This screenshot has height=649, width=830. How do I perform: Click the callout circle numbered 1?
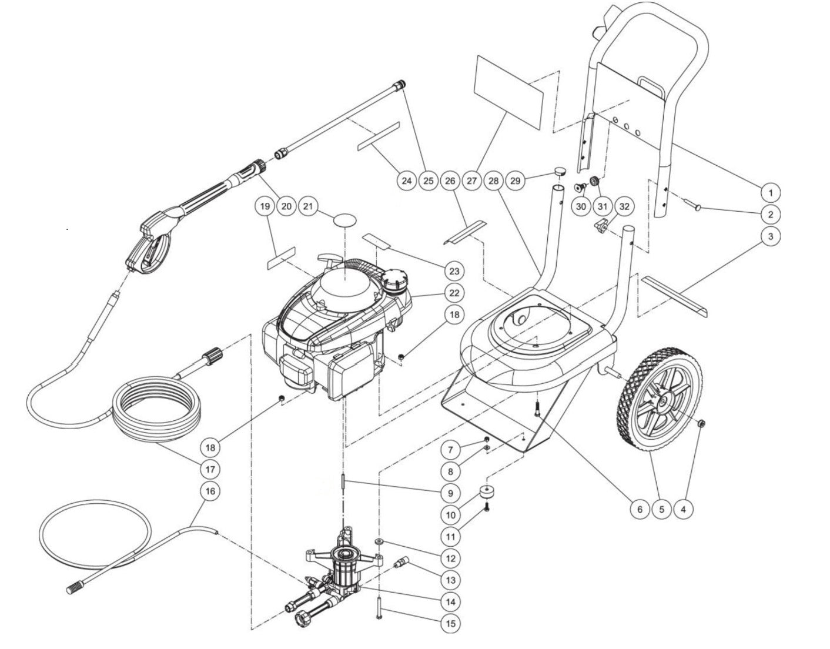(x=769, y=192)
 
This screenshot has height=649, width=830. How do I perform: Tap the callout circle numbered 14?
(x=450, y=601)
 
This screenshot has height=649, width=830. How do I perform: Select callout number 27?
(x=472, y=181)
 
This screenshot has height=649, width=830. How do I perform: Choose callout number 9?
(x=450, y=493)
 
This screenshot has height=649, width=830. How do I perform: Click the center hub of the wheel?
(x=662, y=402)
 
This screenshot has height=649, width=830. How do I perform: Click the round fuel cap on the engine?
(x=394, y=277)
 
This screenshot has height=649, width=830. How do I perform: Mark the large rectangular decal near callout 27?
(x=508, y=93)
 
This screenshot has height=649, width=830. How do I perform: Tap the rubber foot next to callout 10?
(x=487, y=492)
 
